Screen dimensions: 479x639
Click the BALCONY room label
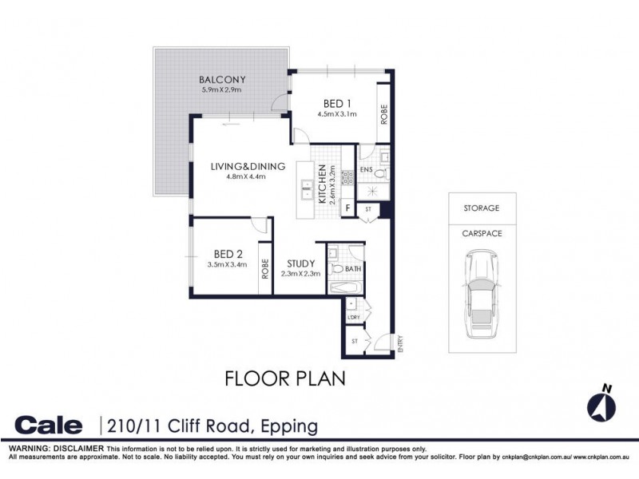pyautogui.click(x=223, y=79)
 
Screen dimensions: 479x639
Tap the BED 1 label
pyautogui.click(x=336, y=103)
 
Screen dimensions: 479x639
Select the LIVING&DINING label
pyautogui.click(x=248, y=166)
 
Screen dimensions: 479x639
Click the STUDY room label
pyautogui.click(x=301, y=263)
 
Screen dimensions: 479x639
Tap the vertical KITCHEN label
pyautogui.click(x=322, y=184)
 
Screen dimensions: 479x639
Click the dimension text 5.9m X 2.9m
pyautogui.click(x=222, y=90)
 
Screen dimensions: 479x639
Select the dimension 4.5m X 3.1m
pyautogui.click(x=336, y=114)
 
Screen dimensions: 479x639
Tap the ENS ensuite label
pyautogui.click(x=367, y=170)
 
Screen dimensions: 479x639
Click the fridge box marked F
pyautogui.click(x=348, y=209)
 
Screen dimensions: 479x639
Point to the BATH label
pyautogui.click(x=353, y=269)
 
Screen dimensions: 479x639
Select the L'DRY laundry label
pyautogui.click(x=353, y=318)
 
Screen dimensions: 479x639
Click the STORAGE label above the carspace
pyautogui.click(x=482, y=208)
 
